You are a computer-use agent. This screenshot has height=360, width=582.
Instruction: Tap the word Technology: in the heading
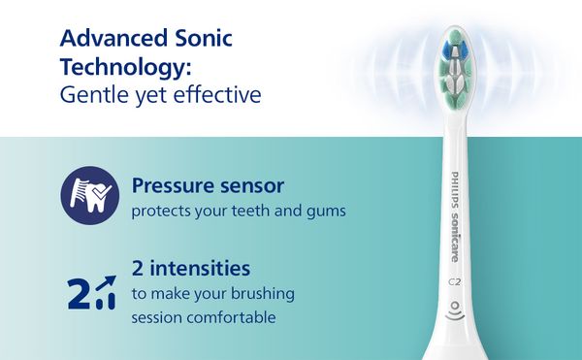[125, 68]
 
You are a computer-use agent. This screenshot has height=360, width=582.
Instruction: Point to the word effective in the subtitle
[217, 95]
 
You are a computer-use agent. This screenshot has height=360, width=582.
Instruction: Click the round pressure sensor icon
[90, 196]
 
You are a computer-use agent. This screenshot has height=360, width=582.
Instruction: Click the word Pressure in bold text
[173, 185]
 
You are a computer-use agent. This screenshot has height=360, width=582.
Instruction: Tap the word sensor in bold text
[252, 186]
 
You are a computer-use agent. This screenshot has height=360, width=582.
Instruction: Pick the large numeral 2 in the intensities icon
[79, 294]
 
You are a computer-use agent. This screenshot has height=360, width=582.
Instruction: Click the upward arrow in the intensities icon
[106, 282]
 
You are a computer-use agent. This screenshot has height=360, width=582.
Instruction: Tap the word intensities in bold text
[200, 268]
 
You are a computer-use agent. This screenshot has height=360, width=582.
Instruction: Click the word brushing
[263, 294]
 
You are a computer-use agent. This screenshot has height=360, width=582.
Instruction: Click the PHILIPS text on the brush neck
[455, 189]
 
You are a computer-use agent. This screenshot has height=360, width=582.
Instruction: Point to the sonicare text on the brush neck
[455, 238]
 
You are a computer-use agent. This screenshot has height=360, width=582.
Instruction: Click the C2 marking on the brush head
[454, 282]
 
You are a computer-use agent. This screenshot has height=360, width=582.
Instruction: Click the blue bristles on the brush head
[454, 49]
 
